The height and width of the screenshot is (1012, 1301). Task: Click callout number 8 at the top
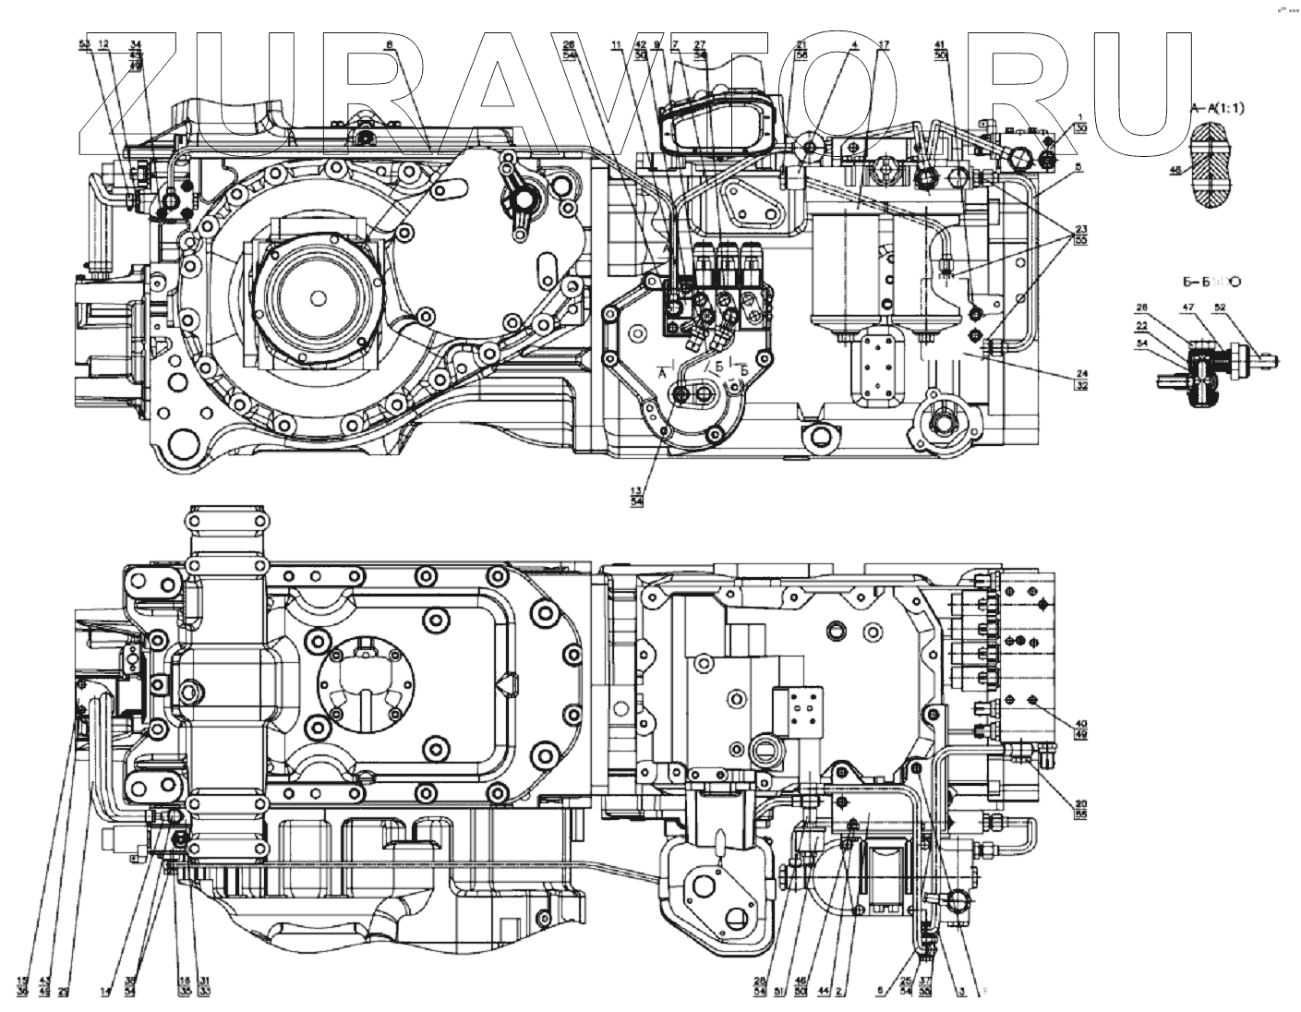(x=390, y=44)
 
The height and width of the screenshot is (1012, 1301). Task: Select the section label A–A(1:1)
(x=1220, y=108)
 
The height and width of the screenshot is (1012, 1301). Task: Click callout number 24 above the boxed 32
(x=1080, y=374)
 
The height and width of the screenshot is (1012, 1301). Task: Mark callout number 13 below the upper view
(x=636, y=489)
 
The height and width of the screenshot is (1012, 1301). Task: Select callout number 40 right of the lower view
(x=1079, y=724)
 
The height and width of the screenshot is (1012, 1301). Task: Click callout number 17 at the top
(x=884, y=44)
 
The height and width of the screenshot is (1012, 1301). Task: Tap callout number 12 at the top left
(x=103, y=44)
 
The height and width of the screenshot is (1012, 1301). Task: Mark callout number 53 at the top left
(x=84, y=44)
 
